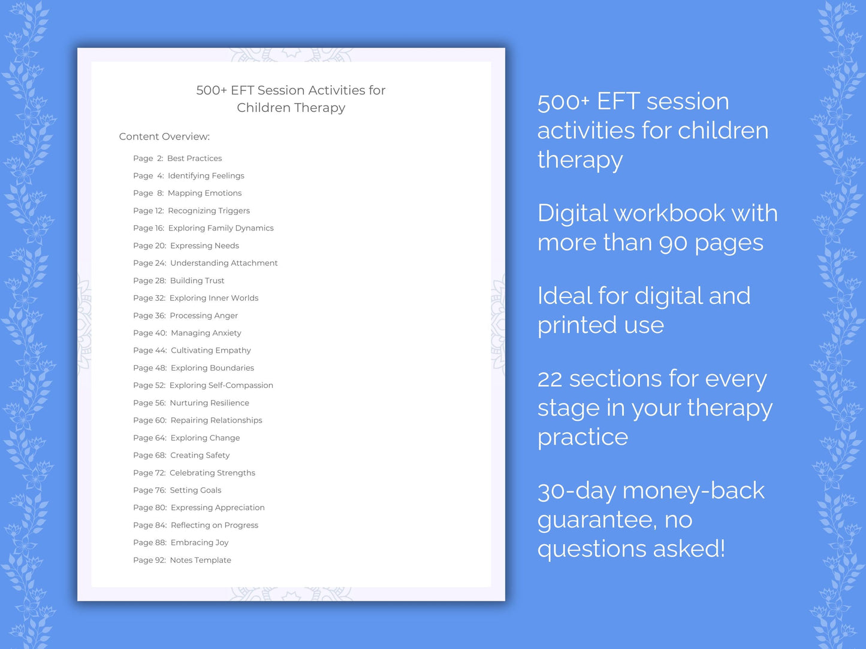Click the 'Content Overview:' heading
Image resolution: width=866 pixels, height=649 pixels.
point(164,137)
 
